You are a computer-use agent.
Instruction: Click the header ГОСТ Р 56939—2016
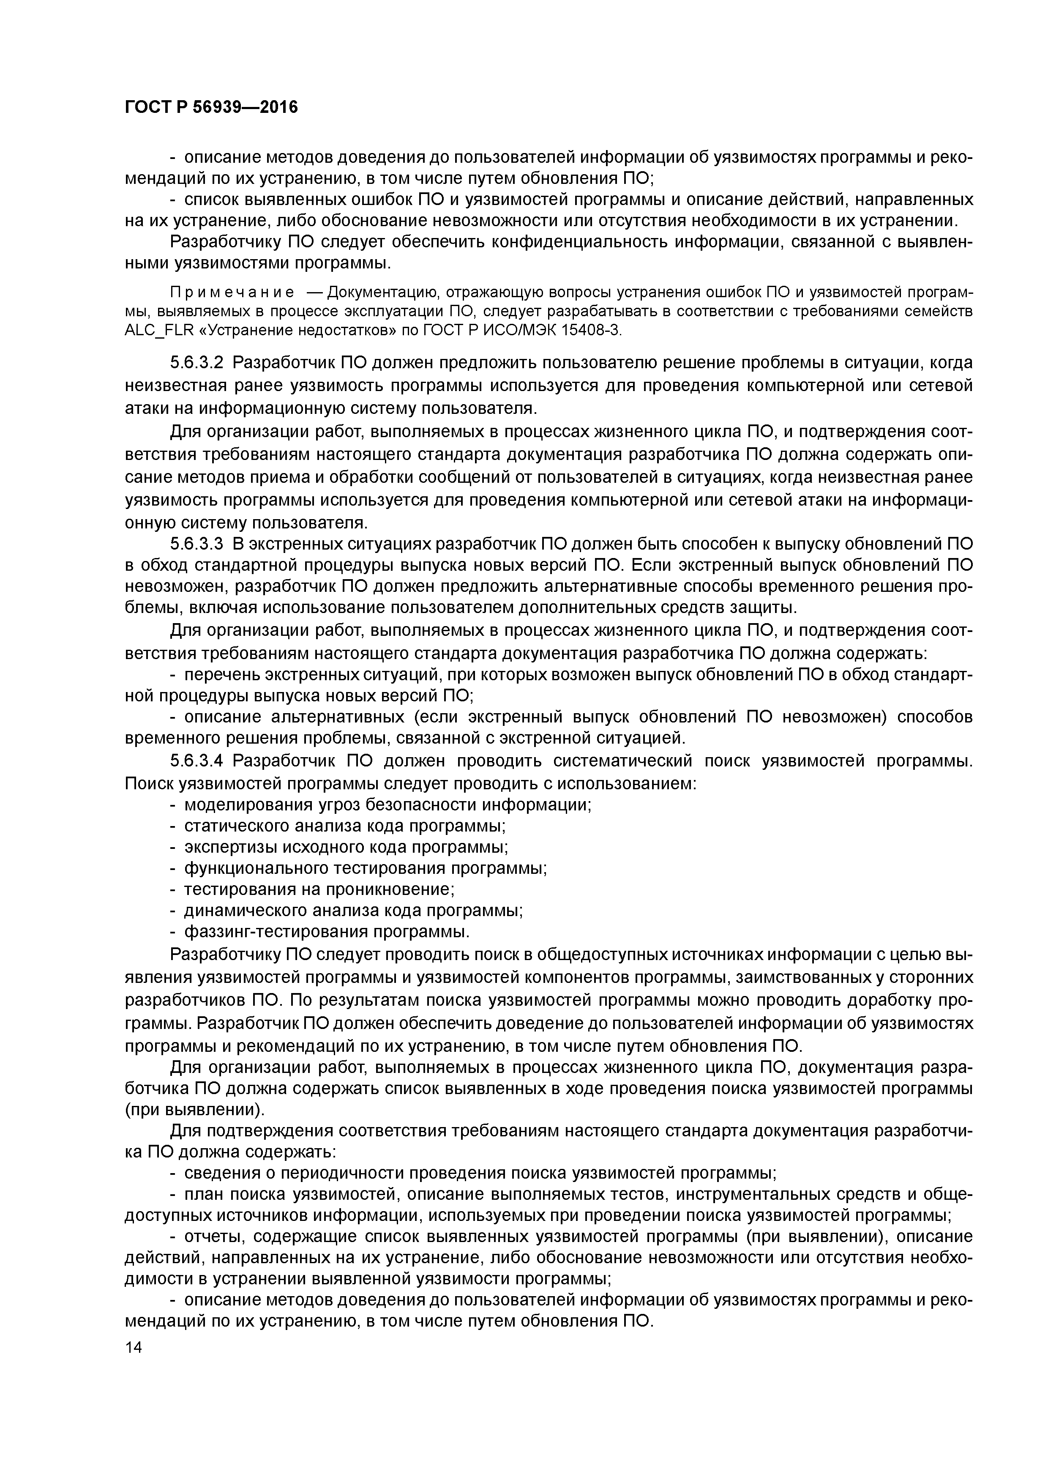coord(211,107)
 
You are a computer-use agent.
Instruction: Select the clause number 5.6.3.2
coord(197,363)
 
